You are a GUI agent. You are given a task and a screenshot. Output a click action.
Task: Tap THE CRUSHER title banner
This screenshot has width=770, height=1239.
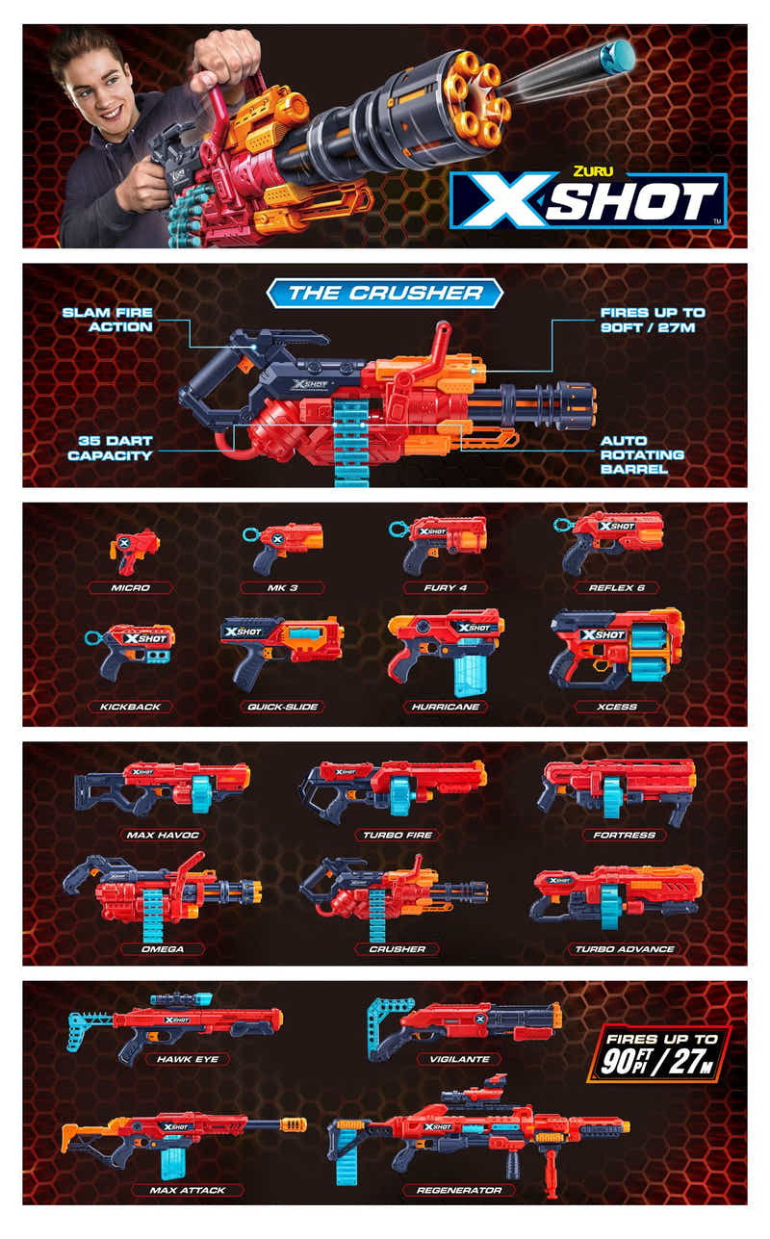point(385,293)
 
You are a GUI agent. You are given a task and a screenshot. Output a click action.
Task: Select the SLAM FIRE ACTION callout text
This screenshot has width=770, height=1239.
point(107,320)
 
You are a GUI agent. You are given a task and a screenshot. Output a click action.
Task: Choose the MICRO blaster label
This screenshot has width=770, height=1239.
point(130,587)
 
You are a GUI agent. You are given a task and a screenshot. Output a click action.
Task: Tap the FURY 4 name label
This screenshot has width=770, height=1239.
point(445,587)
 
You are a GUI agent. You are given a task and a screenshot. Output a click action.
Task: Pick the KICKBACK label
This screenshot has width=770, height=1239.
point(130,707)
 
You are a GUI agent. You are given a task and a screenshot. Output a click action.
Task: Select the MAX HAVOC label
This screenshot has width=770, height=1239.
point(162,835)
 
